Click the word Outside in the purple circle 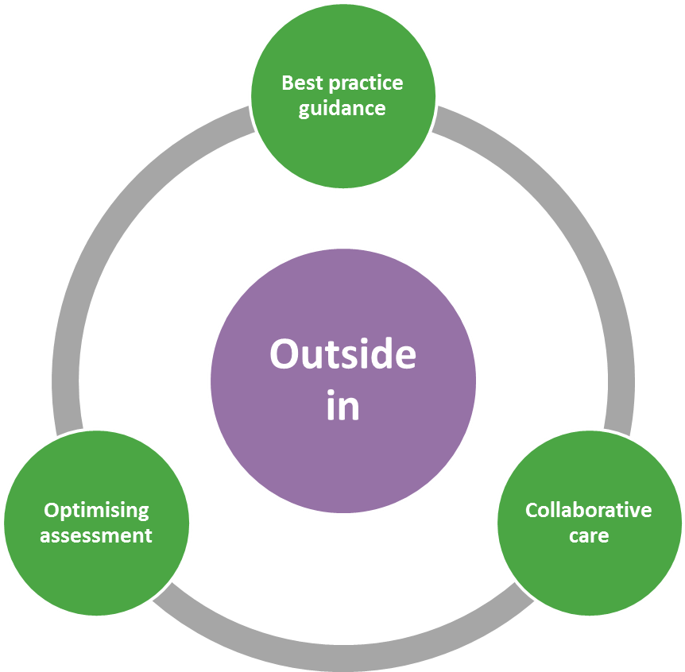click(342, 354)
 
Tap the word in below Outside click(342, 406)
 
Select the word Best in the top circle click(299, 83)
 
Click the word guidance click(342, 109)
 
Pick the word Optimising click(96, 511)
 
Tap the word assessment click(96, 535)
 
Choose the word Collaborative click(588, 510)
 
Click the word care click(589, 535)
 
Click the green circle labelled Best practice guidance click(342, 151)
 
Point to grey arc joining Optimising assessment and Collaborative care click(342, 658)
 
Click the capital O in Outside click(283, 354)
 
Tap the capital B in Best click(288, 83)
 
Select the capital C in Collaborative click(532, 510)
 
